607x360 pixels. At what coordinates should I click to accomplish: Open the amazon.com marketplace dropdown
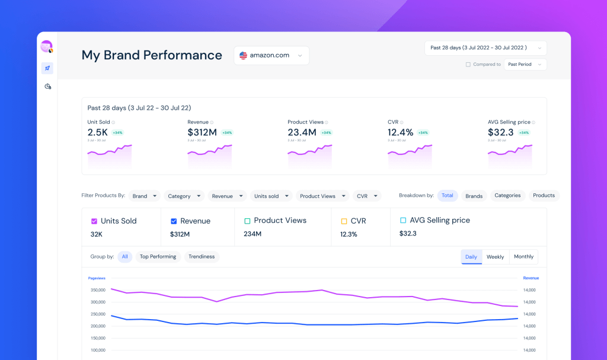click(x=271, y=55)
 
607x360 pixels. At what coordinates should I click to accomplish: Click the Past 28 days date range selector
click(x=485, y=48)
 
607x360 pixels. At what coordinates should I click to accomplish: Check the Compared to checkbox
click(x=468, y=65)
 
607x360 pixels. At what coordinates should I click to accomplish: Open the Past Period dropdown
click(x=525, y=65)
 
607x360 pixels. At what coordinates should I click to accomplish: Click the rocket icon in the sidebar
click(x=47, y=68)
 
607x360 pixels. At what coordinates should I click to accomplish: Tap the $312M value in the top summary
click(x=203, y=132)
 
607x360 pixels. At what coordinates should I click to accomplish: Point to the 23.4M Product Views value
click(x=302, y=132)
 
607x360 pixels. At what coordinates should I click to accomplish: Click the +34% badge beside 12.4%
click(x=423, y=133)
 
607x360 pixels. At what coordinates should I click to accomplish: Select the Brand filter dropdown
click(x=144, y=196)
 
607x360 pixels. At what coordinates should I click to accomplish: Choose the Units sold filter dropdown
click(x=270, y=196)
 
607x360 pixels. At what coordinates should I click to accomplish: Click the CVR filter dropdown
click(x=366, y=196)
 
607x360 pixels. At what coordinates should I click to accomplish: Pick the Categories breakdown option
click(x=507, y=196)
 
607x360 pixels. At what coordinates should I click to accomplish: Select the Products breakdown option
click(x=544, y=196)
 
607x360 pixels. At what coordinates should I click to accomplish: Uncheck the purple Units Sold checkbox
click(x=94, y=221)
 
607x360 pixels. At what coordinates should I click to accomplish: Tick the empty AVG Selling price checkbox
click(x=403, y=221)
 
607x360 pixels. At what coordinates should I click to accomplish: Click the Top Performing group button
click(x=158, y=257)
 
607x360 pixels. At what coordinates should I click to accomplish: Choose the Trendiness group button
click(x=201, y=257)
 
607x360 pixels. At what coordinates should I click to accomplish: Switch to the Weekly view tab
click(x=495, y=257)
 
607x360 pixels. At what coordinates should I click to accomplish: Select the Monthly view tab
click(x=523, y=257)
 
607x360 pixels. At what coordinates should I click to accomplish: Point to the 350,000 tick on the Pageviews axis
click(x=97, y=290)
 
